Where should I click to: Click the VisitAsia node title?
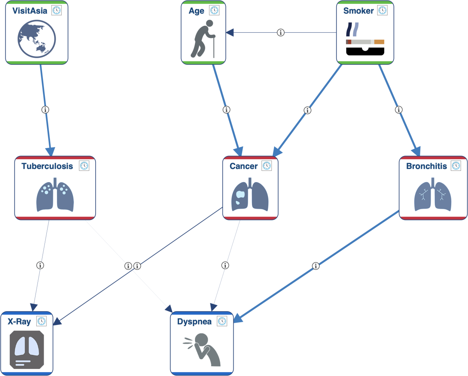pyautogui.click(x=30, y=11)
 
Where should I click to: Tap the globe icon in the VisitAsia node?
pyautogui.click(x=37, y=39)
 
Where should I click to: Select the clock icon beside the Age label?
pyautogui.click(x=214, y=10)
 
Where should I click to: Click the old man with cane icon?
pyautogui.click(x=203, y=39)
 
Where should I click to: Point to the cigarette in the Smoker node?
pyautogui.click(x=365, y=42)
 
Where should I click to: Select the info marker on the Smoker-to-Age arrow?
pyautogui.click(x=280, y=33)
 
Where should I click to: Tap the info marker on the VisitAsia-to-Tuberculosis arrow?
pyautogui.click(x=45, y=110)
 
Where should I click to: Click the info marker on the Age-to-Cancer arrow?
pyautogui.click(x=226, y=110)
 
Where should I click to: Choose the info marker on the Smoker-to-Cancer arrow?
pyautogui.click(x=307, y=110)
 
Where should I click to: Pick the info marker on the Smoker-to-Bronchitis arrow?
pyautogui.click(x=399, y=110)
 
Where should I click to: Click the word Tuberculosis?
pyautogui.click(x=47, y=166)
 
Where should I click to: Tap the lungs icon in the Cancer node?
pyautogui.click(x=250, y=194)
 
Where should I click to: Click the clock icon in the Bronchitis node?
pyautogui.click(x=456, y=166)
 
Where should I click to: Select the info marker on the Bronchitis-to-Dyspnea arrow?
pyautogui.click(x=316, y=266)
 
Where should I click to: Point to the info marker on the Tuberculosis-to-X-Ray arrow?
pyautogui.click(x=40, y=265)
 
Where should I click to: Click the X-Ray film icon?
pyautogui.click(x=27, y=350)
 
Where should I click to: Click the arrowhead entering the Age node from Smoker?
pyautogui.click(x=230, y=33)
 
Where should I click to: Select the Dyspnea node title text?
pyautogui.click(x=194, y=322)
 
